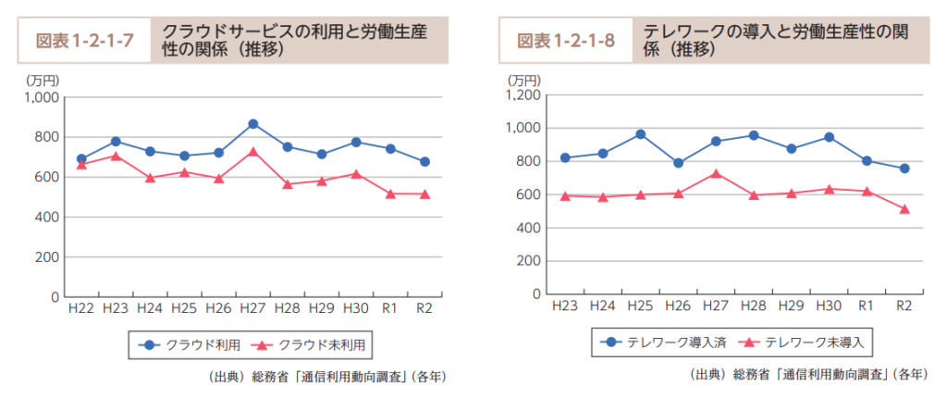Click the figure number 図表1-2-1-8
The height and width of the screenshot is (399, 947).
pyautogui.click(x=566, y=41)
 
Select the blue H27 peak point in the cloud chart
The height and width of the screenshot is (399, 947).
pyautogui.click(x=253, y=124)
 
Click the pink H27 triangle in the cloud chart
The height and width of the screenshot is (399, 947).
pyautogui.click(x=253, y=151)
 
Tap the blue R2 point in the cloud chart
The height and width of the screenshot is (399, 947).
pyautogui.click(x=424, y=162)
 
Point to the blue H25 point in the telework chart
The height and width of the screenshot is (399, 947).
pyautogui.click(x=640, y=134)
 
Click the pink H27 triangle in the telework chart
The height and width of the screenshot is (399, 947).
pyautogui.click(x=716, y=173)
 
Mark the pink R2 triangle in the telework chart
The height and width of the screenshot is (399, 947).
pyautogui.click(x=904, y=209)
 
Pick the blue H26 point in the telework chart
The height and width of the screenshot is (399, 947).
pyautogui.click(x=678, y=163)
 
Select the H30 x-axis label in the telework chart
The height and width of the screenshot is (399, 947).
pyautogui.click(x=829, y=306)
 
